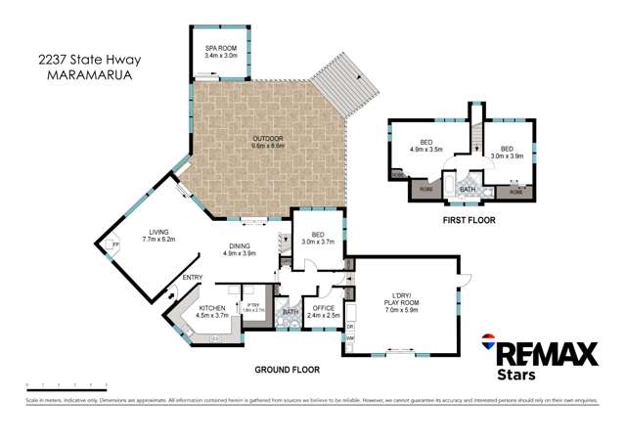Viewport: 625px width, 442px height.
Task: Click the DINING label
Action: pos(241,249)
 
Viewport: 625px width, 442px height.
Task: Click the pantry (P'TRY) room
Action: pos(253,307)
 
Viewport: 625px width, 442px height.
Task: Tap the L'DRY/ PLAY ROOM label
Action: pos(405,299)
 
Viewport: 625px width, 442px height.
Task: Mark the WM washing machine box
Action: pos(350,338)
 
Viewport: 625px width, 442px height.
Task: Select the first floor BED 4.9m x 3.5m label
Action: pos(426,147)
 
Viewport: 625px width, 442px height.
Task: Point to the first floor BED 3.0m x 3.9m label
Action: pos(511,151)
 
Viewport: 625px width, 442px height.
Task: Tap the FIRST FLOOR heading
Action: pos(469,221)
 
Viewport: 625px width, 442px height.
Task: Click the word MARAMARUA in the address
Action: pos(76,72)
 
